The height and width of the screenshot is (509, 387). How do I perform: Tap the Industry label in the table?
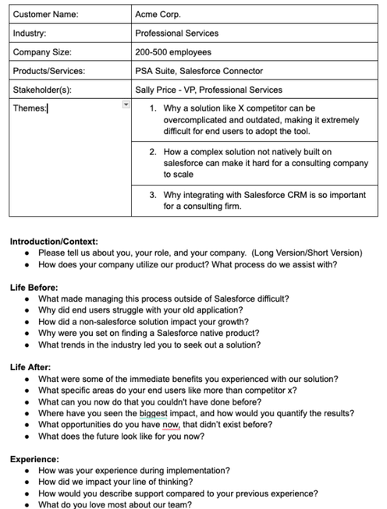[x=30, y=34]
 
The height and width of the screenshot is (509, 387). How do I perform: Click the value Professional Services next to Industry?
[x=176, y=34]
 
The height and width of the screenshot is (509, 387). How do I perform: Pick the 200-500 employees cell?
[x=172, y=52]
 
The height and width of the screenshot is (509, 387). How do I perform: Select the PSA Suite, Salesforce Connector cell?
[x=199, y=71]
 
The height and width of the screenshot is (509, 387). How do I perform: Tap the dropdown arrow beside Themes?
[x=126, y=104]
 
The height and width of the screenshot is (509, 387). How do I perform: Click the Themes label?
[x=30, y=108]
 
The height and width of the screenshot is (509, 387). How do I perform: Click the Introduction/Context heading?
[x=54, y=242]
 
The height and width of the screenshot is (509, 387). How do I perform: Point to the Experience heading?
[x=34, y=459]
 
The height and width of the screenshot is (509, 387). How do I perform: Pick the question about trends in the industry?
[x=149, y=345]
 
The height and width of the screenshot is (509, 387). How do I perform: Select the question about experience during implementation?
[x=133, y=471]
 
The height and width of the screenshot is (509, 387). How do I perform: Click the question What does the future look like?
[x=121, y=437]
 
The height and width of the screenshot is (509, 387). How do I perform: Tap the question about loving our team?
[x=114, y=504]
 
